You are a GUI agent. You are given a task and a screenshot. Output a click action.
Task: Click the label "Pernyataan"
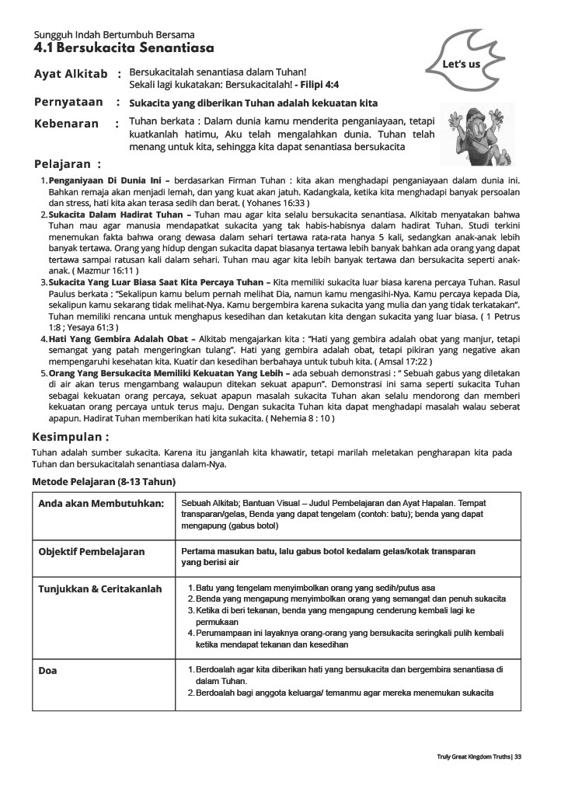(68, 102)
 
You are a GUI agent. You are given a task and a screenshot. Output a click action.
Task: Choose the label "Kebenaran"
(67, 124)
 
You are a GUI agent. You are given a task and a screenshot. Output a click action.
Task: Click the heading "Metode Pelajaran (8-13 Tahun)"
(103, 482)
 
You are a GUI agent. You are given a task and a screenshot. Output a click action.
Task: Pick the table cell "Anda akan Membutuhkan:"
(101, 504)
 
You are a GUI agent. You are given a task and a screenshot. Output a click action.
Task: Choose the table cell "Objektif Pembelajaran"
(92, 551)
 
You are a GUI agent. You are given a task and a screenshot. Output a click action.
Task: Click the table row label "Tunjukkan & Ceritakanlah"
(100, 588)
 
